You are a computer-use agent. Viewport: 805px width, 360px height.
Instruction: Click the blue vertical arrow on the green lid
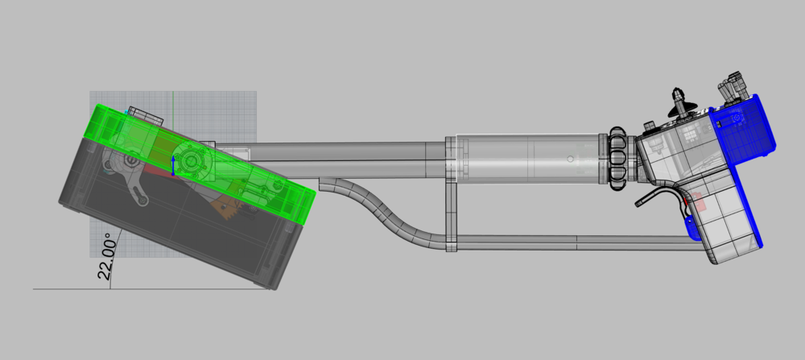pos(173,166)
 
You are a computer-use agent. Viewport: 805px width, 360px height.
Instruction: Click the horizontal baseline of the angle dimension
pos(72,288)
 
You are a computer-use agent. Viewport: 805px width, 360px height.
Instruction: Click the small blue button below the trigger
pos(692,229)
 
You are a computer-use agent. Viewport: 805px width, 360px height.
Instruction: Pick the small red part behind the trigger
pos(698,203)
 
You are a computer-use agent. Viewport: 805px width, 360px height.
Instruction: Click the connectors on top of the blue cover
pos(734,86)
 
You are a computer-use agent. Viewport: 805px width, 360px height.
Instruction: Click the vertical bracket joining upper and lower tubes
pos(451,193)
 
